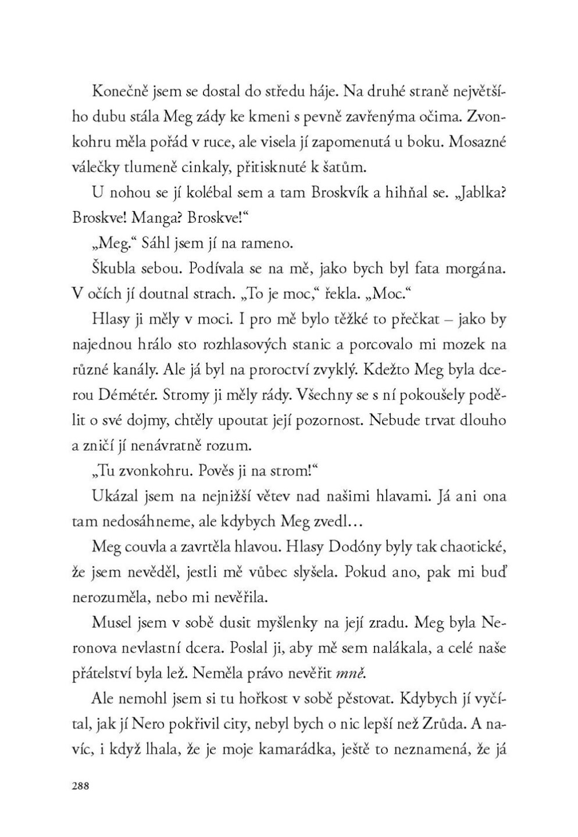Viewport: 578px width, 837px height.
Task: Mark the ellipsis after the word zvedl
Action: point(352,522)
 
